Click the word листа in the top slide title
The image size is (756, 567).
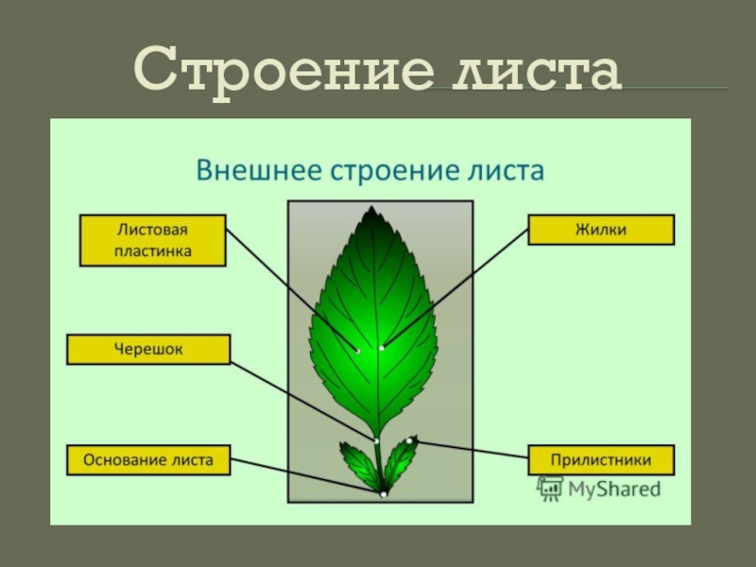point(538,71)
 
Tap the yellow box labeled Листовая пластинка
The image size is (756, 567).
point(152,240)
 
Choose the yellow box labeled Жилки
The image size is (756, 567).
point(601,230)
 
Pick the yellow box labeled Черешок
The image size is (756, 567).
point(148,350)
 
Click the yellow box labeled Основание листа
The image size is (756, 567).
point(148,461)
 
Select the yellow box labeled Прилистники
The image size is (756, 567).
point(602,460)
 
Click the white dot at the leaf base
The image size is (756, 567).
point(383,494)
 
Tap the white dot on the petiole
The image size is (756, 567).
point(376,440)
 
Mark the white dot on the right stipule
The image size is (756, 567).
point(412,439)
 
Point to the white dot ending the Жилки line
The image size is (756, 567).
point(382,349)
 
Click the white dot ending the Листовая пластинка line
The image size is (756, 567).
point(357,351)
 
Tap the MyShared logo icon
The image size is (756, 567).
point(549,488)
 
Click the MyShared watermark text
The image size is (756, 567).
point(613,489)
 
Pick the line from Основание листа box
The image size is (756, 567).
point(307,476)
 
